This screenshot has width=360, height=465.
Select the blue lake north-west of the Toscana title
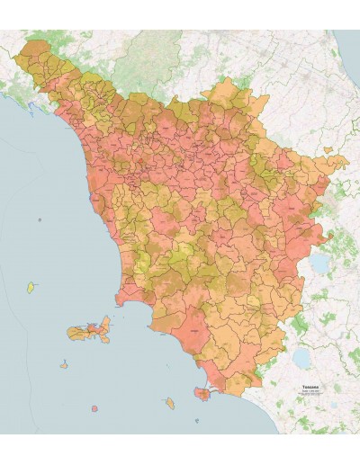[x=301, y=358]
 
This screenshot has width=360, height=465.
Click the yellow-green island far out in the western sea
[x=31, y=288]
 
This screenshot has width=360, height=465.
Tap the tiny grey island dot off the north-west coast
[x=39, y=219]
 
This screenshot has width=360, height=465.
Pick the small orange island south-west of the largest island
[x=64, y=365]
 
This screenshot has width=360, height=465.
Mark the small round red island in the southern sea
[x=94, y=408]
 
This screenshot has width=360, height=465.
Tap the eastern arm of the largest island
[x=106, y=325]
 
